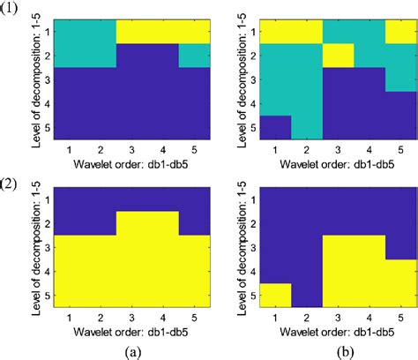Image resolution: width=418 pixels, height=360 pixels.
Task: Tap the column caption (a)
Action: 131,349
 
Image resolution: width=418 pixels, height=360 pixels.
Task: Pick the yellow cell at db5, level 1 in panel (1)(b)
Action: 398,30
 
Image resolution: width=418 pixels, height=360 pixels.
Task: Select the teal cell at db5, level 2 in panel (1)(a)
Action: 195,56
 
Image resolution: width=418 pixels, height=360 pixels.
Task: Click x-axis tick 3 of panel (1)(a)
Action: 131,149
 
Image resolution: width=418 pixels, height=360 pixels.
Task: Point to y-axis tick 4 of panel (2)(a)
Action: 44,271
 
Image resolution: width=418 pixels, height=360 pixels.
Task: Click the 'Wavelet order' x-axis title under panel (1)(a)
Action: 131,163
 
